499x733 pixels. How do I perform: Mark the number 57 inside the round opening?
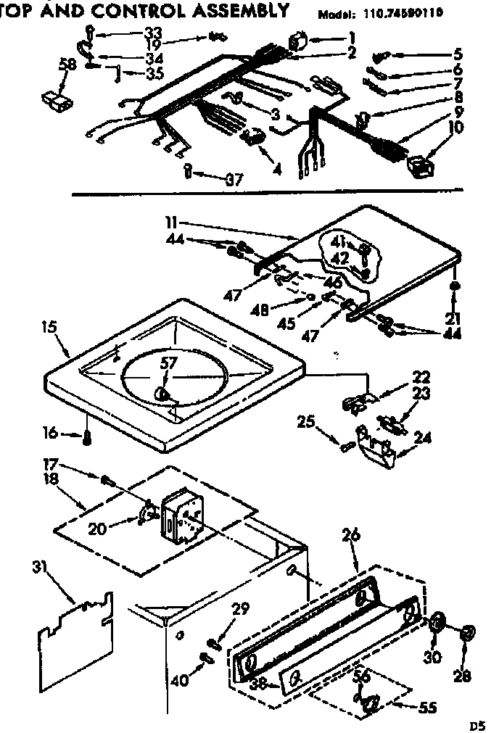(168, 366)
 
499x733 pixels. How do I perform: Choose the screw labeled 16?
(88, 436)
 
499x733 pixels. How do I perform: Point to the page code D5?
(477, 723)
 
